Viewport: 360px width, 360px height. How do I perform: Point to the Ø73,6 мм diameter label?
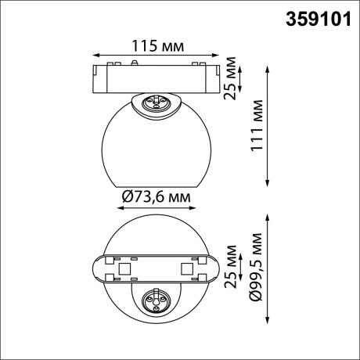pos(156,199)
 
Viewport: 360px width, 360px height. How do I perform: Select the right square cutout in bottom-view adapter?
pos(186,269)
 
